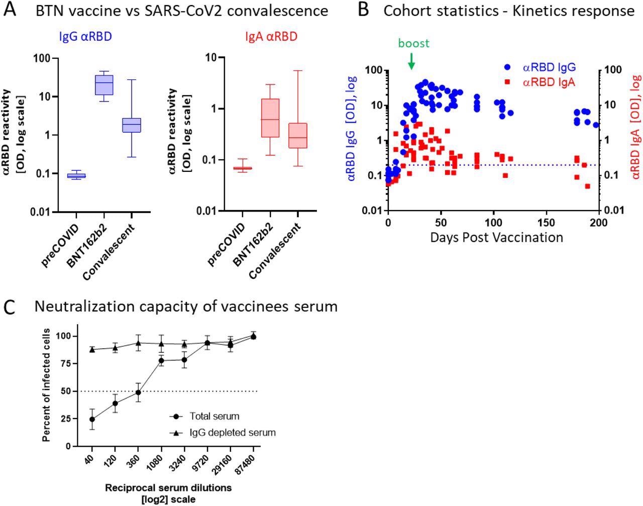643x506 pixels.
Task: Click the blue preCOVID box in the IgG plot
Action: click(x=76, y=175)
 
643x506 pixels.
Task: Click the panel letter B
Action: click(x=364, y=11)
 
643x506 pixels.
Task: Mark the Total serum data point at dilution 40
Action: click(x=92, y=419)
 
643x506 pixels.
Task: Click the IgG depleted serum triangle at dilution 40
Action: click(x=92, y=349)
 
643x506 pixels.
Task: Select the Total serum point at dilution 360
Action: click(x=138, y=392)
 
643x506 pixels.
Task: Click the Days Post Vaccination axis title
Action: click(x=496, y=237)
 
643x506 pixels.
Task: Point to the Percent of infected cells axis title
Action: click(x=47, y=385)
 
